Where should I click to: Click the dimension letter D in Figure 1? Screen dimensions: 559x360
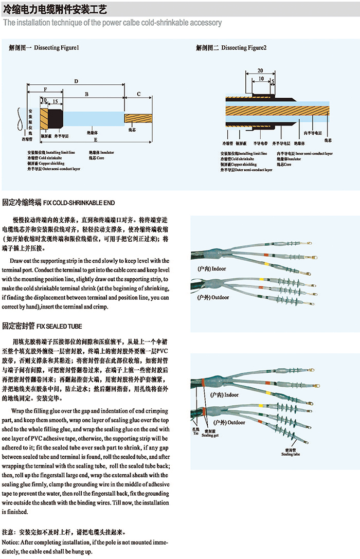[76, 81]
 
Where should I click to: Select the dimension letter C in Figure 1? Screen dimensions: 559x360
[139, 94]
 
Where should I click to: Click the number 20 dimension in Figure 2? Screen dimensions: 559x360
[260, 70]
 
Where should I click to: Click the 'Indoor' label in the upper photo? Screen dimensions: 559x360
[218, 268]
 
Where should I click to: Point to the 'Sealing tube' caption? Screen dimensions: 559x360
[290, 454]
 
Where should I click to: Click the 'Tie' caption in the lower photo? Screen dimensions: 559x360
[196, 434]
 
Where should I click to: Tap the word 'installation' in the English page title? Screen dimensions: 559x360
[33, 23]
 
